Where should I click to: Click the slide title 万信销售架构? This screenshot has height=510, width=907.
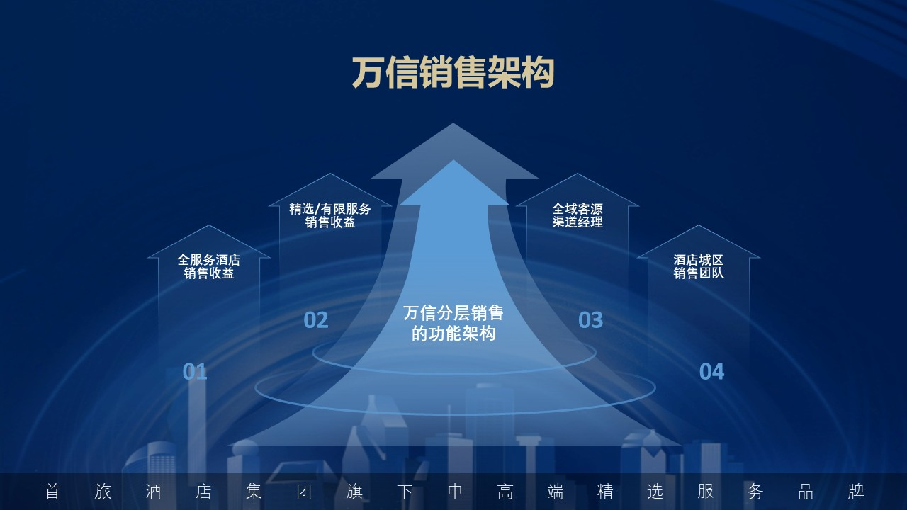453,73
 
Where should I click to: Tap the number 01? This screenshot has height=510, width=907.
195,371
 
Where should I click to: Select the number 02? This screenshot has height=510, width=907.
316,320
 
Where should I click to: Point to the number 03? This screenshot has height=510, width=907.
590,320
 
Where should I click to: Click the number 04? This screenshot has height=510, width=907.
711,371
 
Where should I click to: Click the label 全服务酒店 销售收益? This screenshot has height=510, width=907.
209,266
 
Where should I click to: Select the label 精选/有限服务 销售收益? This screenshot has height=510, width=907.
330,215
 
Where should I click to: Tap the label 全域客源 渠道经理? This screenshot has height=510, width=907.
578,215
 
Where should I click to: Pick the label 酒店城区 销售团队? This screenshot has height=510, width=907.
699,266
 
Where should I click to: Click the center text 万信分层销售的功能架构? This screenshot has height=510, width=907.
453,323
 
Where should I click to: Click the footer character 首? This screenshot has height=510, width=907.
52,492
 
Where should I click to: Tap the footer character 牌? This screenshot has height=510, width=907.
856,492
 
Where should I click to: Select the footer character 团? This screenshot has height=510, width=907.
304,492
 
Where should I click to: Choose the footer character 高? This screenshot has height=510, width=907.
505,492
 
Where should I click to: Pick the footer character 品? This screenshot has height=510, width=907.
806,492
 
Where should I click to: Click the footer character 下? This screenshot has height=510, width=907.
405,492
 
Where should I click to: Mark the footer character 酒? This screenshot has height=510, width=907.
153,492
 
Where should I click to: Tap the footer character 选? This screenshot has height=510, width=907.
655,492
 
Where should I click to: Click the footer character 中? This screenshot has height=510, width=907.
455,492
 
